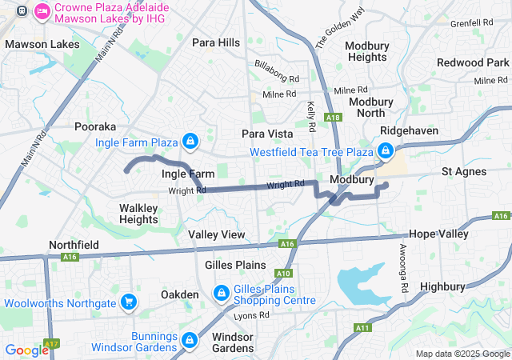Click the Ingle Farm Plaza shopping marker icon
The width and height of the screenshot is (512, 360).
pos(190,142)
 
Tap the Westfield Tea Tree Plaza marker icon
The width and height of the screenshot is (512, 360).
pos(386,150)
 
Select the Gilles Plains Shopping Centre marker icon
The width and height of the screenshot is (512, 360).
pos(220,294)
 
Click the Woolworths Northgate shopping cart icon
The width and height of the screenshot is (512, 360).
pos(127,302)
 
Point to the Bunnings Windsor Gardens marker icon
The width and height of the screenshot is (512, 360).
pos(190,340)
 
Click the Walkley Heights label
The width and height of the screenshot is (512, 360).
pos(138,214)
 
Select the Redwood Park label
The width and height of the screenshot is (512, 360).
pos(472,62)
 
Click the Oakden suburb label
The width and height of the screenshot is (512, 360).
pos(179,294)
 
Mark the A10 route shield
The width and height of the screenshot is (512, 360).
pos(281,273)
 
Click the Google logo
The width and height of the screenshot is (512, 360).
pos(27,350)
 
